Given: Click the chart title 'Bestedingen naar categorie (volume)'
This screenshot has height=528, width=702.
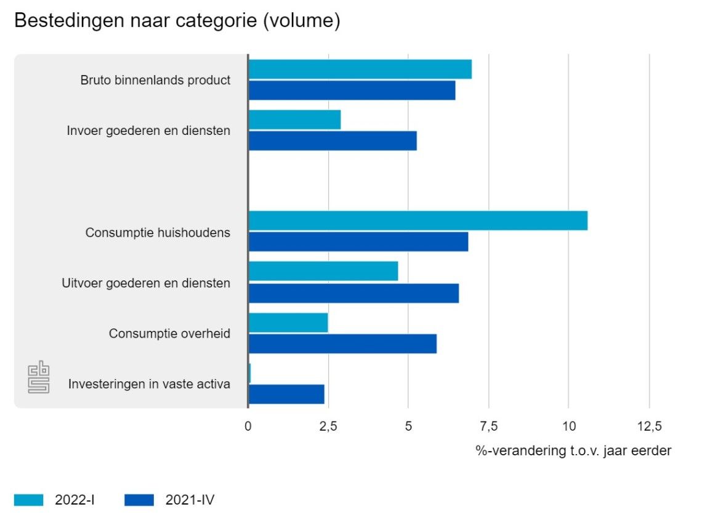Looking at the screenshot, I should [x=177, y=20].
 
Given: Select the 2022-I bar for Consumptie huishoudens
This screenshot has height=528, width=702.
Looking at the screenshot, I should [x=418, y=221].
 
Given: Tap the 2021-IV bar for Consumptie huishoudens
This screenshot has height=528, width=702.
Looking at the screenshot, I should [x=358, y=242].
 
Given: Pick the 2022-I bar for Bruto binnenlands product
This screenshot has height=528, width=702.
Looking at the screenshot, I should [x=360, y=70].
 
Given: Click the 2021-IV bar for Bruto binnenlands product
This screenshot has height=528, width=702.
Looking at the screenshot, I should [x=352, y=91].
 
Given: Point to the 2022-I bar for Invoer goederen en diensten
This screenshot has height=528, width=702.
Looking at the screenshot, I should [x=294, y=120].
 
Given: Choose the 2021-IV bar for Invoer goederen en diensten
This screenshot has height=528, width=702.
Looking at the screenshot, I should [x=333, y=141].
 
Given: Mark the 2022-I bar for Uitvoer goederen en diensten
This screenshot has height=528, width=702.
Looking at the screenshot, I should [x=323, y=271].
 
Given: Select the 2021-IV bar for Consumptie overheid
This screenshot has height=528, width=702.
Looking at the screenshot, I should [x=342, y=344].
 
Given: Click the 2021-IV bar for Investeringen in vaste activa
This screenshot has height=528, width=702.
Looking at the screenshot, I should [x=286, y=394].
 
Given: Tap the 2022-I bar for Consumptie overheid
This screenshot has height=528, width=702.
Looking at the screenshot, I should [x=288, y=323].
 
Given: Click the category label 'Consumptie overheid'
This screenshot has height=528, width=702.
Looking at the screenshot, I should [x=169, y=334].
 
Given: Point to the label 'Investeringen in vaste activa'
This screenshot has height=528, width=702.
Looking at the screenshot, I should [x=149, y=384].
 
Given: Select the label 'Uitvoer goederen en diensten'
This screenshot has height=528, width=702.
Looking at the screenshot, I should [x=146, y=283].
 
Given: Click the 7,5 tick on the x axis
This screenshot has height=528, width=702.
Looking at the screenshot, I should [x=488, y=426].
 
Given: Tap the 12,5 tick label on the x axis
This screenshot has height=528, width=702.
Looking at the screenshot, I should [x=648, y=426].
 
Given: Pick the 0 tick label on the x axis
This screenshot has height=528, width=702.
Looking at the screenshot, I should [x=248, y=426].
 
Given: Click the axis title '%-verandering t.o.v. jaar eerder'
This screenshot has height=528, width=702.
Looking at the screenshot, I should [x=573, y=451].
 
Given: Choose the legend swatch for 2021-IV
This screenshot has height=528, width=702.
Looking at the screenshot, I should [x=139, y=500].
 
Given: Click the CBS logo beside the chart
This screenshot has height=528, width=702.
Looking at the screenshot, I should [x=39, y=376].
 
